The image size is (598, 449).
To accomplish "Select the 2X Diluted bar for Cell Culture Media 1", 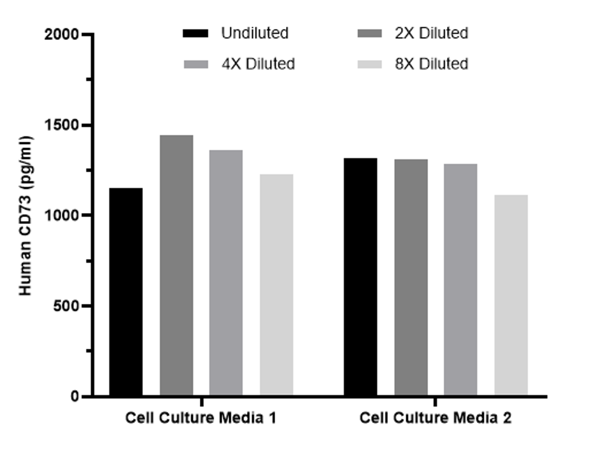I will [176, 265].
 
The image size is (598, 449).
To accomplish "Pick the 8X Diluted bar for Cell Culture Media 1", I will [276, 285].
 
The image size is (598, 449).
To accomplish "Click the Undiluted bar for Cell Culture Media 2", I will [360, 277].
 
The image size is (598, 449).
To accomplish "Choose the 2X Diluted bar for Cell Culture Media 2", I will [411, 277].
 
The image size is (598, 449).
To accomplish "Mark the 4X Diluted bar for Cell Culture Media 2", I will [460, 280].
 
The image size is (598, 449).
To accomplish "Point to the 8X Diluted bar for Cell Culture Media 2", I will [511, 295].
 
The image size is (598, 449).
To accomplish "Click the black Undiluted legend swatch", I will [195, 34].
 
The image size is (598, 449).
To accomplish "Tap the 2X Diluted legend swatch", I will [370, 34].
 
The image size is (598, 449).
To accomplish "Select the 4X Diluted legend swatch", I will [195, 64].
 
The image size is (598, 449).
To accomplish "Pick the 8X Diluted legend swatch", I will [370, 64].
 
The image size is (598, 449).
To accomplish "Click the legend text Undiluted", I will [255, 33].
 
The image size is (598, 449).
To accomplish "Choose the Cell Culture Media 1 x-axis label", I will [201, 418].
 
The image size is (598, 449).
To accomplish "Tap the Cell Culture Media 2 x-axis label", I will [435, 418].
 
